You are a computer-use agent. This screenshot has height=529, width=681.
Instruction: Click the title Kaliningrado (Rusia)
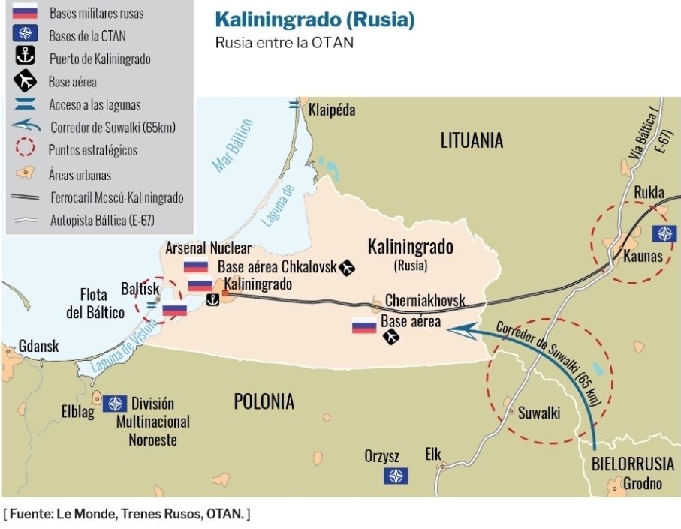315,20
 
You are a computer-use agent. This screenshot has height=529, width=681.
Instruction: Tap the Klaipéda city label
332,110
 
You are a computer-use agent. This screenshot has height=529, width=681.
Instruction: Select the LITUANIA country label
472,140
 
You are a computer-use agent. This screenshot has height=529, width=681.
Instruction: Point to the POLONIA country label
264,401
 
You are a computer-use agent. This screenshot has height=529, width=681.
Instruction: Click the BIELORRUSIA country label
632,463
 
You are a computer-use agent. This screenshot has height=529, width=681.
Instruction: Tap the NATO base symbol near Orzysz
396,476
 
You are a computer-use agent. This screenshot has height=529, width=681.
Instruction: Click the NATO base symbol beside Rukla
664,233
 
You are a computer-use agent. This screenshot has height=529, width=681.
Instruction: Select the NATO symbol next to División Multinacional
115,404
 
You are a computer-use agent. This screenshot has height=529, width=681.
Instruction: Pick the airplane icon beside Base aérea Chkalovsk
347,266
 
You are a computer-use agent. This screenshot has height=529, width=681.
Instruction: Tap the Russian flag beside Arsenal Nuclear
196,266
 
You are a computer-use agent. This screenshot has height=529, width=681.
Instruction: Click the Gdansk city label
39,347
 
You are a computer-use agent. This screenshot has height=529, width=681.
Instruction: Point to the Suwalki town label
539,413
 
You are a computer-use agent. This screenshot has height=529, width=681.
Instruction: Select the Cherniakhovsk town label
425,301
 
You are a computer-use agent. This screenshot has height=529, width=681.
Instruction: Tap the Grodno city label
642,484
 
